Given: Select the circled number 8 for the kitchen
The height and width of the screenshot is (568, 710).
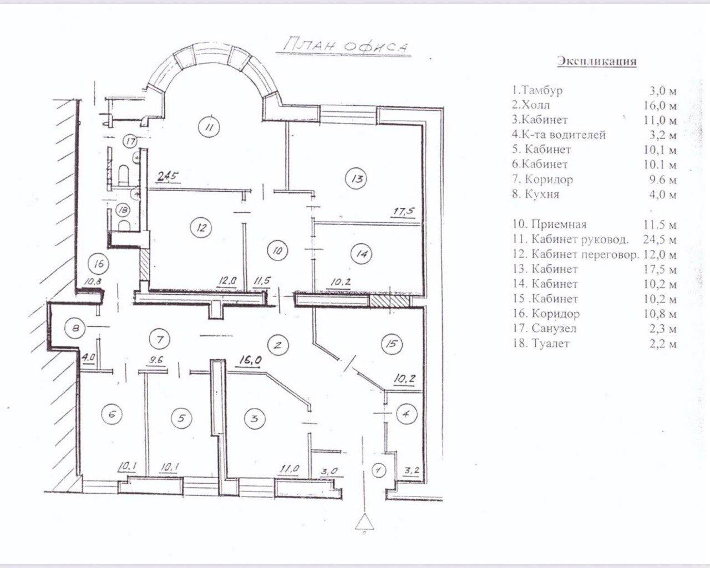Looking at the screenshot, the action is pyautogui.click(x=75, y=329).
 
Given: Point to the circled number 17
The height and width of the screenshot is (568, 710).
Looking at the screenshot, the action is pyautogui.click(x=131, y=142).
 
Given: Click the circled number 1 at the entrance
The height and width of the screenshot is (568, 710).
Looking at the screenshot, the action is pyautogui.click(x=378, y=470).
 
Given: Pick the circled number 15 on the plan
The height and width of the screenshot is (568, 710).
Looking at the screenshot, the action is pyautogui.click(x=391, y=344).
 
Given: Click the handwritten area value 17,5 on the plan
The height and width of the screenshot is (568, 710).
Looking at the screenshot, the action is pyautogui.click(x=403, y=211).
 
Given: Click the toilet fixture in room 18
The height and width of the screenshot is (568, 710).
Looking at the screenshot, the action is pyautogui.click(x=124, y=225).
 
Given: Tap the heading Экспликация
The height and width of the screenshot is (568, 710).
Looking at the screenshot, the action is pyautogui.click(x=597, y=62).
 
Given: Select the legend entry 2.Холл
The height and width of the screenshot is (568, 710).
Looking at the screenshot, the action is pyautogui.click(x=531, y=105).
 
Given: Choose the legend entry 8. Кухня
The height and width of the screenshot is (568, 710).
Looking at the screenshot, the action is pyautogui.click(x=535, y=194).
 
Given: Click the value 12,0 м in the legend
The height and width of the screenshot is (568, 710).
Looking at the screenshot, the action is pyautogui.click(x=660, y=255).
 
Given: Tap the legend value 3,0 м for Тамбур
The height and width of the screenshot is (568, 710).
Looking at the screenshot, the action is pyautogui.click(x=662, y=91).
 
